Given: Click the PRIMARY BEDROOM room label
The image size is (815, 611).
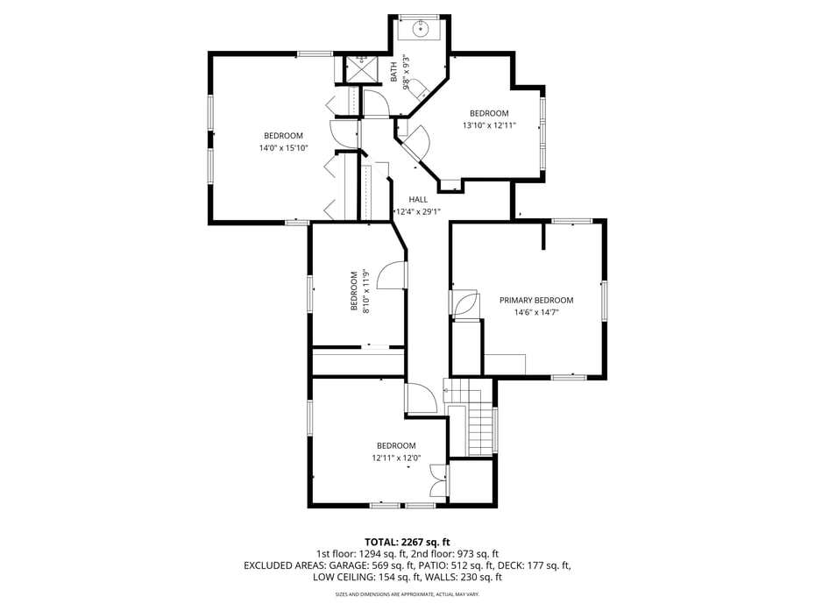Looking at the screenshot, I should pyautogui.click(x=536, y=300).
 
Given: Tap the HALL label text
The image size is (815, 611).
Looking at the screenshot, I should pyautogui.click(x=418, y=200).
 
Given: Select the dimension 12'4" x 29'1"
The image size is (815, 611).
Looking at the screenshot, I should pyautogui.click(x=418, y=211).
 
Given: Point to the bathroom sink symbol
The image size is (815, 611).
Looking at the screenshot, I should pyautogui.click(x=420, y=28).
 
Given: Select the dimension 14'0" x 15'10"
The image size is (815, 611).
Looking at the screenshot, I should pyautogui.click(x=283, y=148).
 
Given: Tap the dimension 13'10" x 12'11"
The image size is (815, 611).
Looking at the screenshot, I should pyautogui.click(x=489, y=125).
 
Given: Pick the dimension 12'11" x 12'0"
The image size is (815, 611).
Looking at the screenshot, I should pyautogui.click(x=396, y=458).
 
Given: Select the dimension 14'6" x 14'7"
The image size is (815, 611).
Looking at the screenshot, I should pyautogui.click(x=536, y=312).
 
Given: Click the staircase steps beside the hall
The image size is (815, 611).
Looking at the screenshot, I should pyautogui.click(x=479, y=429).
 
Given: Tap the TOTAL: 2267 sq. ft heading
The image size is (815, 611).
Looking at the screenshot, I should pyautogui.click(x=407, y=542).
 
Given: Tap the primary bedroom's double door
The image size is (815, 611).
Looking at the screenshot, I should pyautogui.click(x=464, y=303).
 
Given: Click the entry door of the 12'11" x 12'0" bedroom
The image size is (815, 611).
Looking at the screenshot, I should pyautogui.click(x=421, y=399).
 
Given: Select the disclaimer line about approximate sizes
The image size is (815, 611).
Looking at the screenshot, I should pyautogui.click(x=407, y=595).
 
